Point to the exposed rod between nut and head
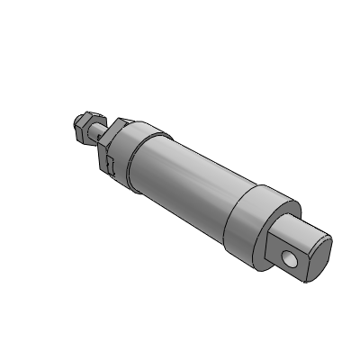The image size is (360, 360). coord(99,131)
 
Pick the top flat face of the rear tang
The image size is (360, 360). coord(297,232)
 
